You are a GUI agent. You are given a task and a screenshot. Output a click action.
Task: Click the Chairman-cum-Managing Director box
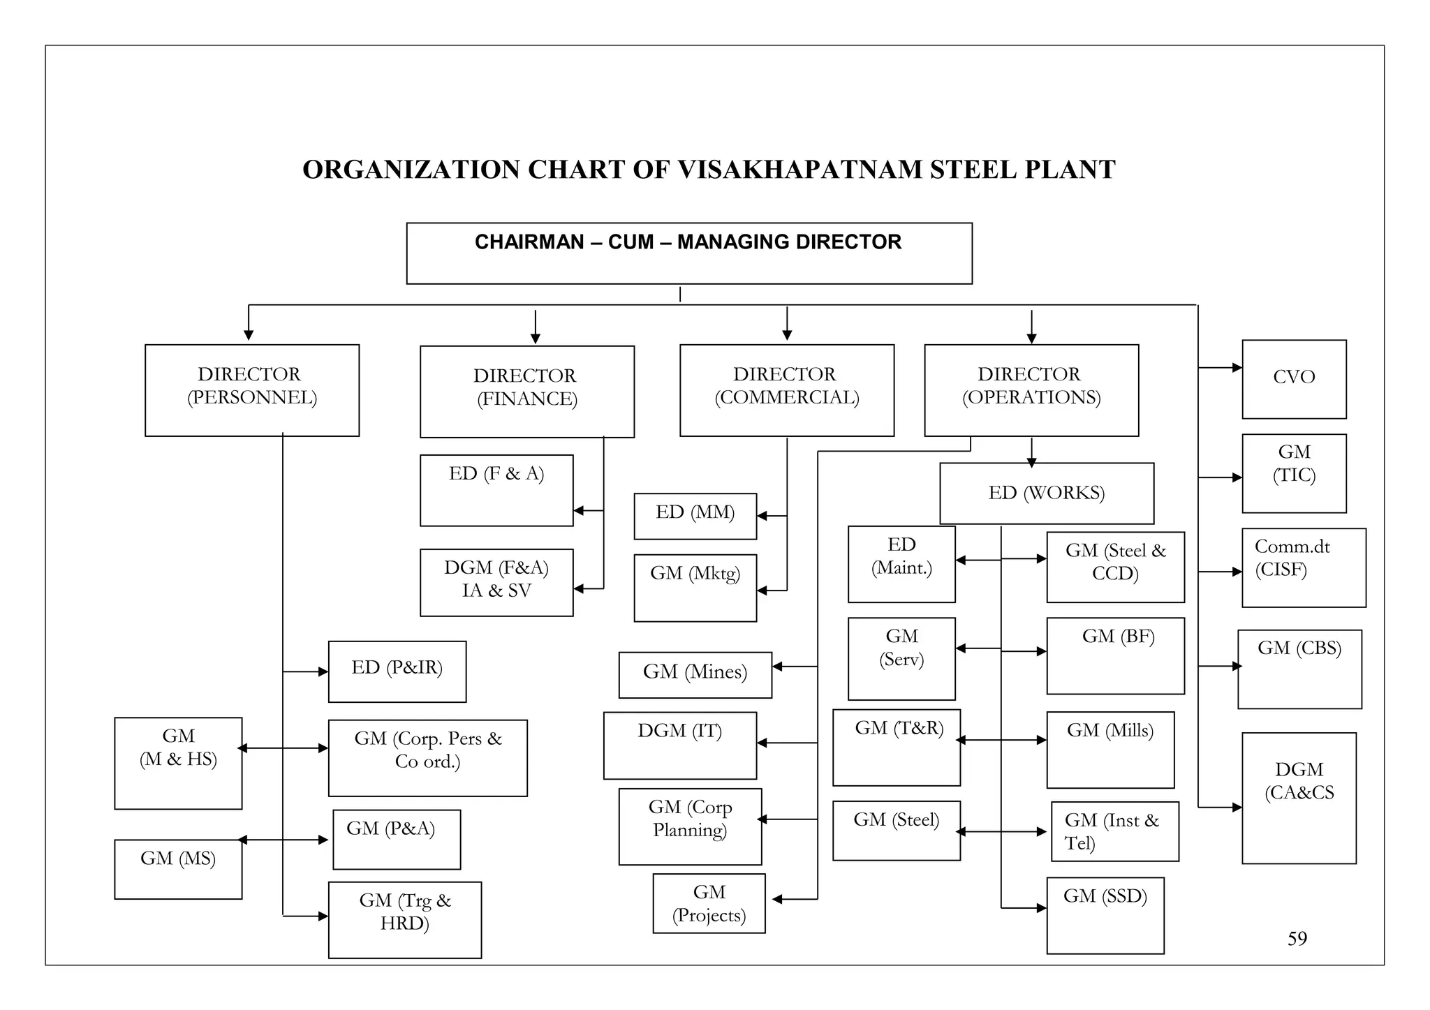click(688, 253)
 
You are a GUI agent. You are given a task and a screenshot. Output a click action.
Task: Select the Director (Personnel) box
click(251, 389)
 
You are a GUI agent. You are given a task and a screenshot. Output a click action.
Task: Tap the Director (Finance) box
click(526, 391)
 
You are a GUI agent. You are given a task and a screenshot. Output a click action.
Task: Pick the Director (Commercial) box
click(786, 389)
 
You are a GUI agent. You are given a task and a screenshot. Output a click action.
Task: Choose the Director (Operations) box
click(1031, 389)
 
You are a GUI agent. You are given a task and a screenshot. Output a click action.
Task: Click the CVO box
click(1294, 379)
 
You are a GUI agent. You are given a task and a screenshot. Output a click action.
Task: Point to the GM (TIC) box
click(1294, 473)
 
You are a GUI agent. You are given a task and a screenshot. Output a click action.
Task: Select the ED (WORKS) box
click(1046, 493)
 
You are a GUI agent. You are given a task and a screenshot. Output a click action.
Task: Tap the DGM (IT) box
click(679, 745)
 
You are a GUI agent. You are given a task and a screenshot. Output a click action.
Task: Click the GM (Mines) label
click(695, 672)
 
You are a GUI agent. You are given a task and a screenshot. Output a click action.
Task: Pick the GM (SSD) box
click(1105, 914)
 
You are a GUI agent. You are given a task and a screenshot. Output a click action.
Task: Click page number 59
click(1297, 938)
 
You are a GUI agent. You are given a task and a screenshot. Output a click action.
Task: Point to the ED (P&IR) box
click(397, 671)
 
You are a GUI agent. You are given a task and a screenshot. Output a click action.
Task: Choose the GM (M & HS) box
click(178, 762)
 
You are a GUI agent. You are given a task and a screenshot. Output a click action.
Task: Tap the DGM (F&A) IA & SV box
click(496, 581)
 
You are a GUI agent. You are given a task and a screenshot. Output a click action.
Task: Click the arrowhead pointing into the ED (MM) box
click(762, 516)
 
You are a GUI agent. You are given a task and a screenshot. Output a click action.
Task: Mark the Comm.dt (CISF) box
click(1303, 567)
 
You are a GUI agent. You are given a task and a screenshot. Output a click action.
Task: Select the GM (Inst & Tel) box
click(1114, 831)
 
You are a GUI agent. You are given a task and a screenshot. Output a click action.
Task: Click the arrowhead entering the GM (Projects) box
click(776, 899)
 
